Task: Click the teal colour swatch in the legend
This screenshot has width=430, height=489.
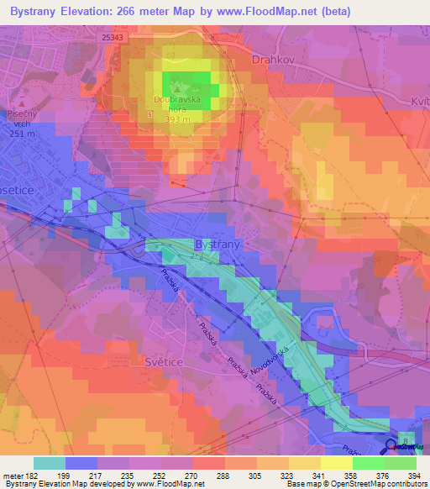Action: click(x=50, y=463)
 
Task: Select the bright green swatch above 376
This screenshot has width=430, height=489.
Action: click(x=368, y=463)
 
